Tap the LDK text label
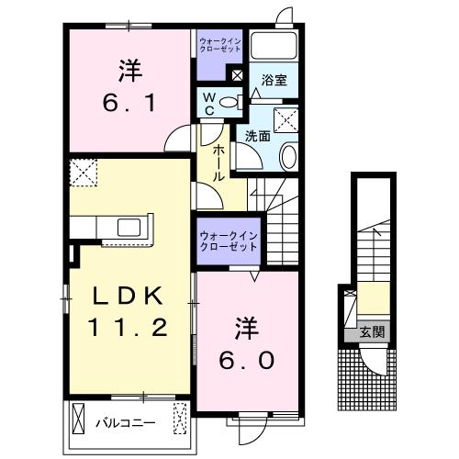[129, 296]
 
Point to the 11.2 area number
[129, 328]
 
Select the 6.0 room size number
[247, 361]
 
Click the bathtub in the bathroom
[275, 48]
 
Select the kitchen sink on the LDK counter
[129, 226]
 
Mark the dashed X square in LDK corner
[83, 172]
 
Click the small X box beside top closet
[237, 76]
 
